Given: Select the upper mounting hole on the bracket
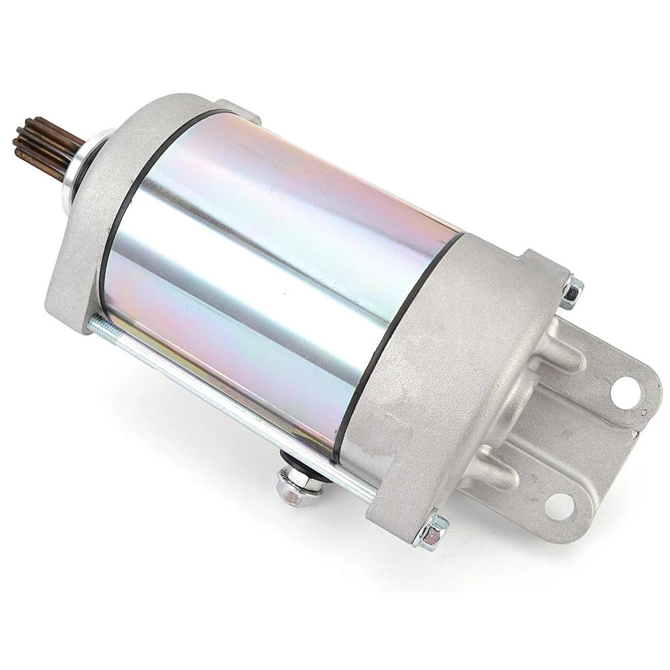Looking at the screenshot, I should point(624,387).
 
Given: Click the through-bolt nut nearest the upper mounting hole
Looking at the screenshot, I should point(572,292).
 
